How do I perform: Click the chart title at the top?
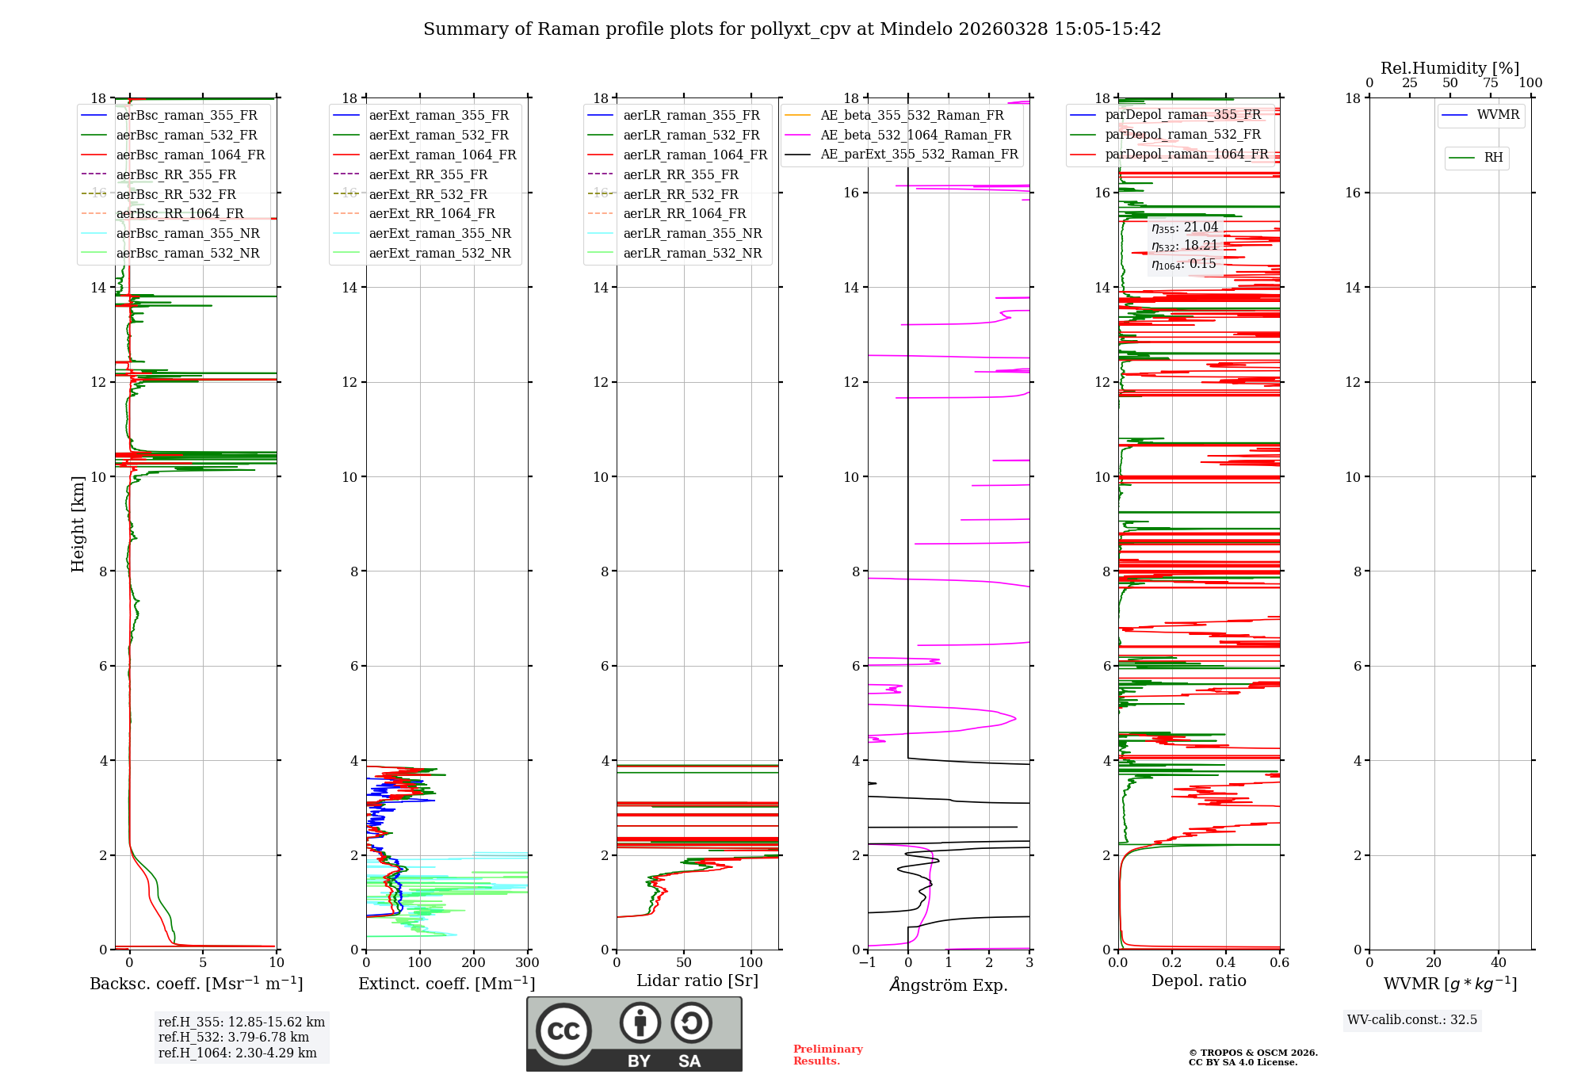click(792, 29)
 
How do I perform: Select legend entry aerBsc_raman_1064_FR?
click(190, 155)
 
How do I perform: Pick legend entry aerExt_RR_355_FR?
click(428, 174)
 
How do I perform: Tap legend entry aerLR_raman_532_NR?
click(692, 253)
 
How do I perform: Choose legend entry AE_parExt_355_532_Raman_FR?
click(919, 154)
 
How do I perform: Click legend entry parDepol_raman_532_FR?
click(1182, 135)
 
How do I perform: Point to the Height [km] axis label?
click(78, 524)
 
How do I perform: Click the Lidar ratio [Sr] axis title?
click(697, 981)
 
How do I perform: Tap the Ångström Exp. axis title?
click(949, 984)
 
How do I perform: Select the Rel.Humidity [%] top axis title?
click(1449, 68)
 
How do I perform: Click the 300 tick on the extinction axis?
click(527, 963)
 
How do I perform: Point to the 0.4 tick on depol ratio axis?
click(1226, 963)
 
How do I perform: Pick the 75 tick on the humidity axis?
click(1490, 83)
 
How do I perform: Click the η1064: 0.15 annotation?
click(1183, 264)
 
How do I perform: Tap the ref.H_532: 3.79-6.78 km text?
click(233, 1037)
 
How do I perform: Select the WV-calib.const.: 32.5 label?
click(1411, 1019)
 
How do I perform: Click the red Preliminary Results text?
click(827, 1054)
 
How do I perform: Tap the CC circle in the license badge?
click(563, 1030)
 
